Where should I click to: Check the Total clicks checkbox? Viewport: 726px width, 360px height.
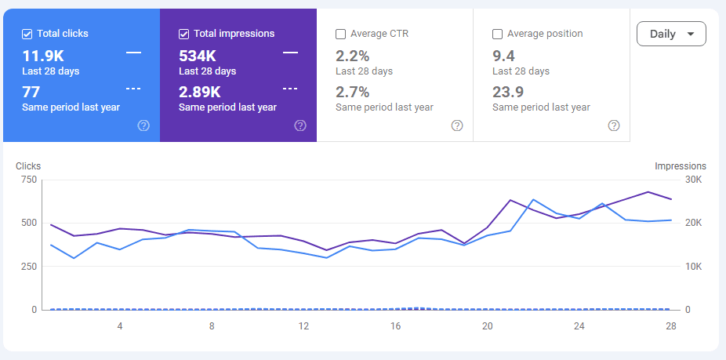[27, 34]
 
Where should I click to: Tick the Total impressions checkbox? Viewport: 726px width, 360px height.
[184, 34]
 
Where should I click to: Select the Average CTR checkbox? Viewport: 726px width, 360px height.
[341, 34]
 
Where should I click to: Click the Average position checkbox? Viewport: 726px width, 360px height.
[498, 34]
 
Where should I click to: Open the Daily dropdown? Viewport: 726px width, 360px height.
[671, 34]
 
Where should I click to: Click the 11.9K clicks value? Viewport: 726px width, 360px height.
[43, 56]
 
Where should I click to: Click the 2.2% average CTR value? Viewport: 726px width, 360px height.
[352, 56]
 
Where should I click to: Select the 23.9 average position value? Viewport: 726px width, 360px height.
[508, 92]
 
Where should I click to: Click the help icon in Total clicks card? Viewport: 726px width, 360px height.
[143, 125]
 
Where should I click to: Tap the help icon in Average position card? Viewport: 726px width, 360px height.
[614, 125]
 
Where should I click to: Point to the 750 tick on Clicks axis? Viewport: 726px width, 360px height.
[29, 180]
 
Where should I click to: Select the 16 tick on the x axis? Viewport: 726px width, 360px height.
[396, 325]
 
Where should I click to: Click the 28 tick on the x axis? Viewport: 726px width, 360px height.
[671, 325]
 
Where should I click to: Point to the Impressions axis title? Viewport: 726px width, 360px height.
[680, 166]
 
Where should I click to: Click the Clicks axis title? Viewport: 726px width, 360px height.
[28, 166]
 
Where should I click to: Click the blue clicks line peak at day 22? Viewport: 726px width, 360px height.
[534, 199]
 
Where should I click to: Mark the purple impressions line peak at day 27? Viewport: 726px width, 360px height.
[648, 191]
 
